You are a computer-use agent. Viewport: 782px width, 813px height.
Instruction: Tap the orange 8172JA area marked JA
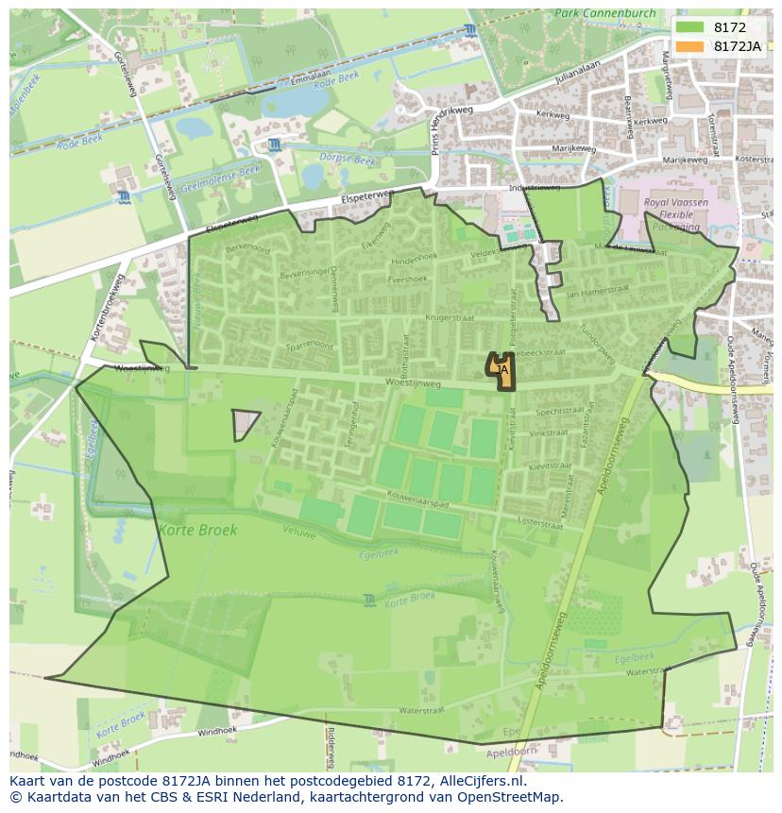(x=501, y=367)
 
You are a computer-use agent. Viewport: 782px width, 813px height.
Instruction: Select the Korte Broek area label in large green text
(x=197, y=530)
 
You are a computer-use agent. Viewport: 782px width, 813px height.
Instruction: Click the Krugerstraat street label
(x=449, y=319)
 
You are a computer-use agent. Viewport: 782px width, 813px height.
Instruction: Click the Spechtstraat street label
(x=559, y=412)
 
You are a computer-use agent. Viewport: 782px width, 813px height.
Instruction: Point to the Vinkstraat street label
(x=548, y=433)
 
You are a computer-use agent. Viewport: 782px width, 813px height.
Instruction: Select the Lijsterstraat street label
(x=540, y=520)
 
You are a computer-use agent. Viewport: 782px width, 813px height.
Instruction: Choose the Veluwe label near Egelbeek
(x=300, y=531)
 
